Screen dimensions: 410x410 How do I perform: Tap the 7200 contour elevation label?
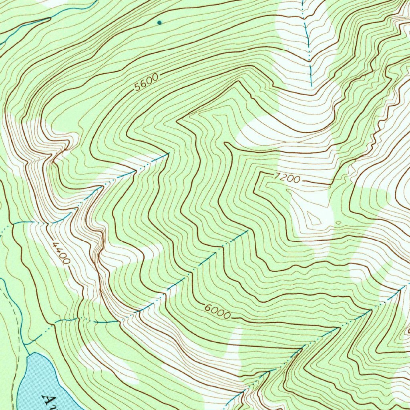[287, 178]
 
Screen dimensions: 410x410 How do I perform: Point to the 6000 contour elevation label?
[217, 312]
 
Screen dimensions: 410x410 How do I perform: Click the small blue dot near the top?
[160, 22]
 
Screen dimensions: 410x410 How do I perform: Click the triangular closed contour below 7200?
[314, 219]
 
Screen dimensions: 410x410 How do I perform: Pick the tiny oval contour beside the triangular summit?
[338, 223]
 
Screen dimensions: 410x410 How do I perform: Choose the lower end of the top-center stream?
[312, 85]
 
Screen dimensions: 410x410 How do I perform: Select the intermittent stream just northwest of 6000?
[200, 264]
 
